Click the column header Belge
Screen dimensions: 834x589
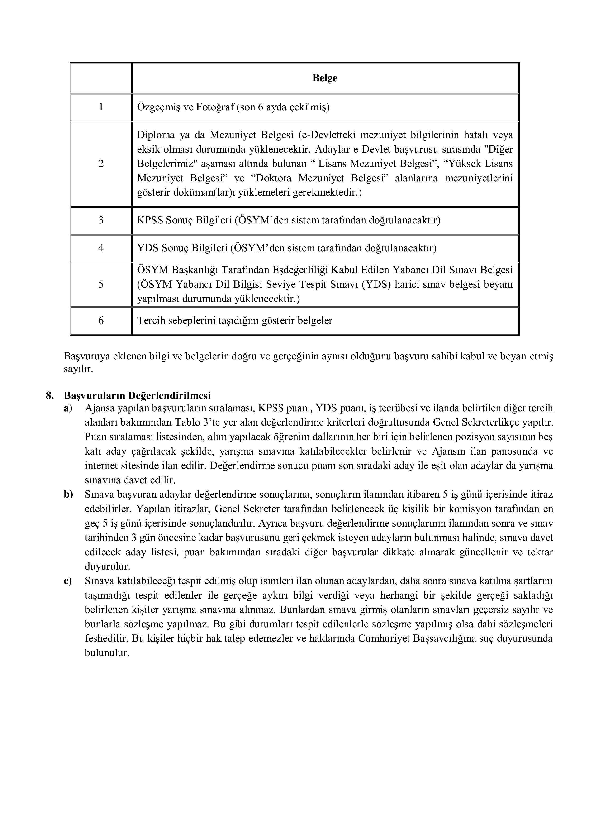point(325,78)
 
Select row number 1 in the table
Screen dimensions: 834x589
point(101,107)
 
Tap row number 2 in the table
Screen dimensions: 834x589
point(101,164)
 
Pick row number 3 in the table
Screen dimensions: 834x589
point(101,220)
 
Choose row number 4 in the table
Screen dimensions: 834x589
point(101,248)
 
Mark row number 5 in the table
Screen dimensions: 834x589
point(101,284)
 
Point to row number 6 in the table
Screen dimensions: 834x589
point(101,320)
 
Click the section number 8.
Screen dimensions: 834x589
point(50,395)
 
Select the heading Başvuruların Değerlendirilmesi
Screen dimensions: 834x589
point(138,395)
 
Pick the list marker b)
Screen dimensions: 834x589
point(68,495)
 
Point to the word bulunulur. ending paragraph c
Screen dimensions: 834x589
point(107,653)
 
